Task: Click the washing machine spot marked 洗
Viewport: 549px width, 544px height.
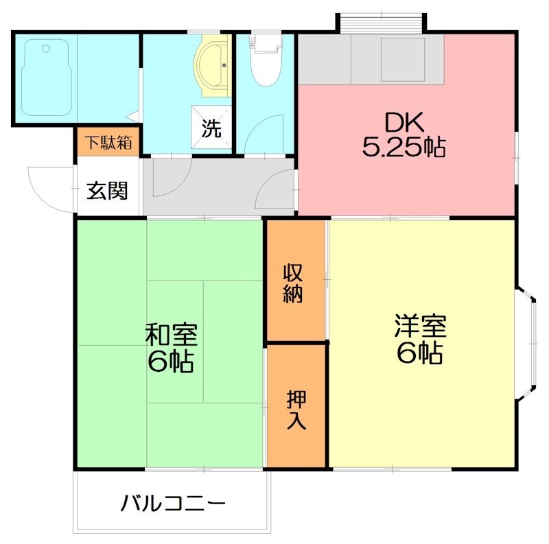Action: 211,128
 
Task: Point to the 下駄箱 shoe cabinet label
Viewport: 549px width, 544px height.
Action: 108,143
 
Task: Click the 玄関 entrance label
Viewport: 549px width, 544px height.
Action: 107,189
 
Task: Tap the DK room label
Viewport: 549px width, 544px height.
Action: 405,123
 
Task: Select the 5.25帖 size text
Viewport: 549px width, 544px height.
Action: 405,147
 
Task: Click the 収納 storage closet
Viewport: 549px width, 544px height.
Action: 295,283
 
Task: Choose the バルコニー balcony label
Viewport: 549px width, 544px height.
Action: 173,506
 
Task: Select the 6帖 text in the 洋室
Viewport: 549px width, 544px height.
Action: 420,353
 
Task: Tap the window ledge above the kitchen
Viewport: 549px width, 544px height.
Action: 381,21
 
